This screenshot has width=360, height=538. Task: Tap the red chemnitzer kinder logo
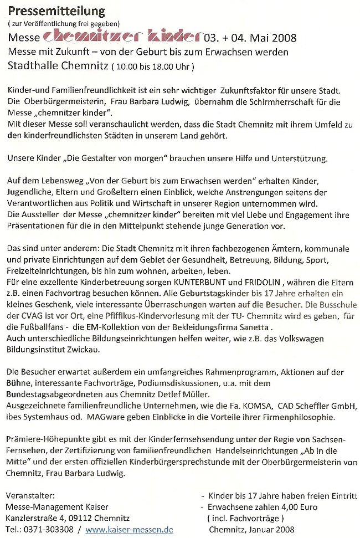pyautogui.click(x=121, y=37)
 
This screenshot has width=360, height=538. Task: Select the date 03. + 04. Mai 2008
pyautogui.click(x=250, y=38)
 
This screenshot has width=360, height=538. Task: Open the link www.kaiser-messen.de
pyautogui.click(x=129, y=530)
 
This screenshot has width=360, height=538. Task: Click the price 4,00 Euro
pyautogui.click(x=282, y=507)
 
